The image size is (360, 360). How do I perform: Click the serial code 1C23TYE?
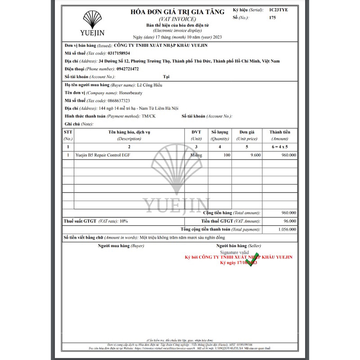pos(279,9)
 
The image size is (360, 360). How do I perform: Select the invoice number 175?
pos(272,18)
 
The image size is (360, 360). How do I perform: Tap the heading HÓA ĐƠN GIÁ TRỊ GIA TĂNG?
pos(177,12)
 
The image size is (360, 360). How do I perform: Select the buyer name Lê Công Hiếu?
pos(149,85)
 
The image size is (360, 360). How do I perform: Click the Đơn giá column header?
pos(247,132)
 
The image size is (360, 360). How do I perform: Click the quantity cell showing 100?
pos(226,155)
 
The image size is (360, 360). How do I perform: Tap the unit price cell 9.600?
pos(256,155)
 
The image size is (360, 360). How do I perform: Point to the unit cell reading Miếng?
pos(196,155)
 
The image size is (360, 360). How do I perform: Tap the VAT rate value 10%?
pos(124,221)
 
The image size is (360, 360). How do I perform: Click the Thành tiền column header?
pos(279,132)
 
